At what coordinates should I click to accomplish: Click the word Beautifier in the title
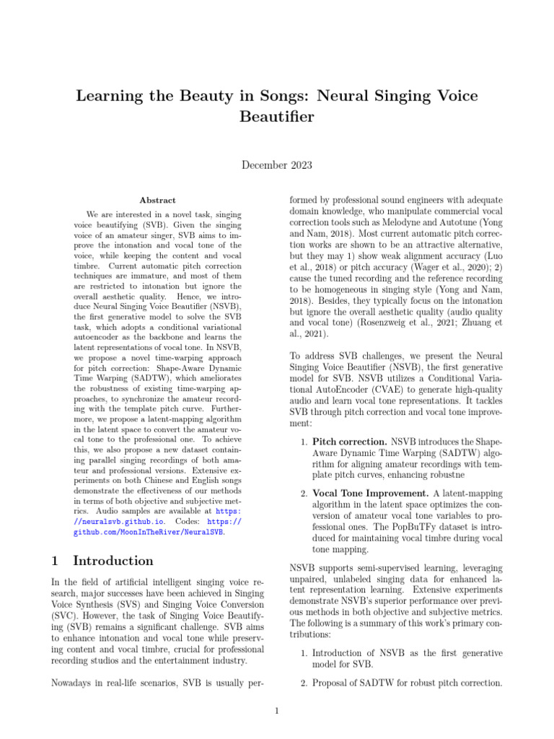[x=277, y=116]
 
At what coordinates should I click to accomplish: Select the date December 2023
[x=276, y=165]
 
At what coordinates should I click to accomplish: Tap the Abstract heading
[x=157, y=200]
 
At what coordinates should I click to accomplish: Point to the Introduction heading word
[x=113, y=561]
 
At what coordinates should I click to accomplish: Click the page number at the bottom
[x=276, y=712]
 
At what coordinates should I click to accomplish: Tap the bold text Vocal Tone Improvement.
[x=369, y=493]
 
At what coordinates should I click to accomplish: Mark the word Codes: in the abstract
[x=190, y=520]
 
